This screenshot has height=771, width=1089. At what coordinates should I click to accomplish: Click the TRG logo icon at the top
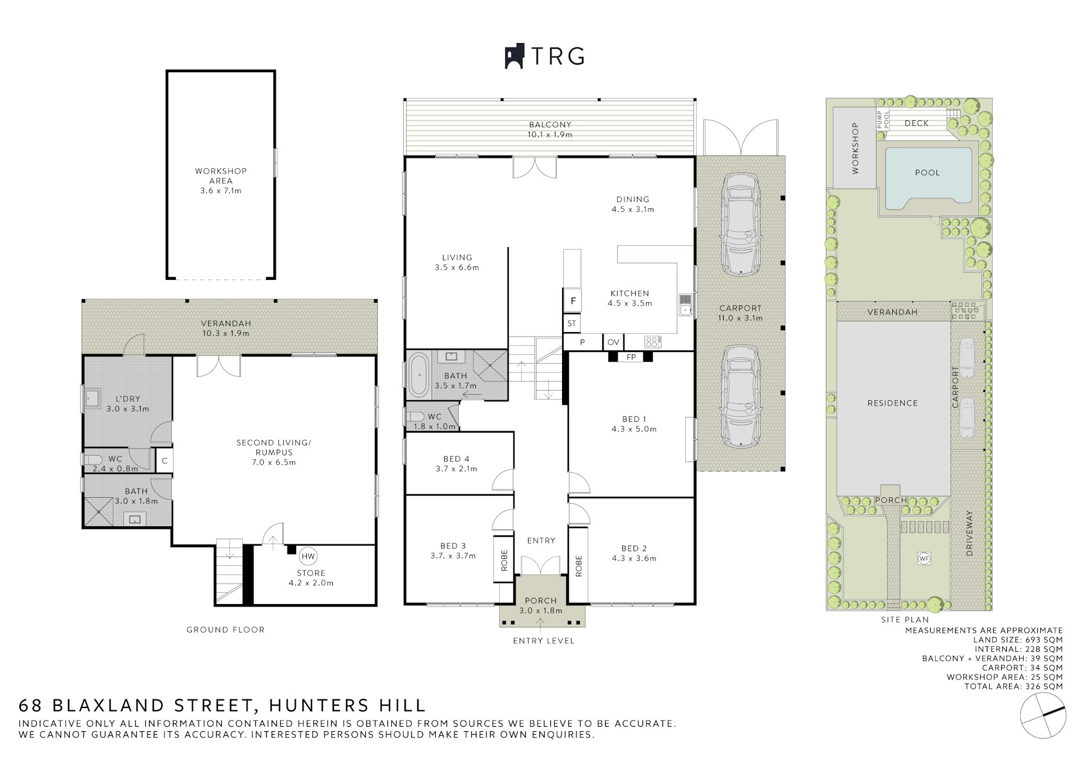click(x=514, y=57)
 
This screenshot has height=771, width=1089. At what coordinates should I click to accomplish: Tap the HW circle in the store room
click(x=308, y=556)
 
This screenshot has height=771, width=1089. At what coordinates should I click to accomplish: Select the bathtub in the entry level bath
click(x=419, y=375)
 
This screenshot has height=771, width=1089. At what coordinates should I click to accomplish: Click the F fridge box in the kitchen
click(x=573, y=300)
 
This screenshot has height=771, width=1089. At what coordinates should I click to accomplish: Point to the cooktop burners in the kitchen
click(x=652, y=342)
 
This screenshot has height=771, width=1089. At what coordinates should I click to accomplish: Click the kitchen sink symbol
click(x=685, y=305)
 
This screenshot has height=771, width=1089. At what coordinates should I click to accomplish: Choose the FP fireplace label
click(x=631, y=357)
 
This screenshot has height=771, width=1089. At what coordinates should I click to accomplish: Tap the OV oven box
click(x=613, y=342)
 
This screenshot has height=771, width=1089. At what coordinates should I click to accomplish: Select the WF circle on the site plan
click(x=924, y=559)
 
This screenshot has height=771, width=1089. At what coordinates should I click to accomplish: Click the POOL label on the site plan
click(x=927, y=173)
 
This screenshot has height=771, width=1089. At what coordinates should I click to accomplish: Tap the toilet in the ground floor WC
click(x=93, y=459)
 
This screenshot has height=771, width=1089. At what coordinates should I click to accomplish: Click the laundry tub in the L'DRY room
click(x=92, y=399)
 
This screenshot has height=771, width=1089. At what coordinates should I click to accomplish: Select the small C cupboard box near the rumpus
click(x=164, y=461)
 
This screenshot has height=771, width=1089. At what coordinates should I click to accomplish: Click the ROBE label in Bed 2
click(x=579, y=565)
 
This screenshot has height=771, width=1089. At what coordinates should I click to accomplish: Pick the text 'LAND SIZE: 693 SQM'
click(x=1018, y=640)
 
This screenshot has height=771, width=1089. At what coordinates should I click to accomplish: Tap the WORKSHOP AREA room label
click(x=221, y=176)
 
